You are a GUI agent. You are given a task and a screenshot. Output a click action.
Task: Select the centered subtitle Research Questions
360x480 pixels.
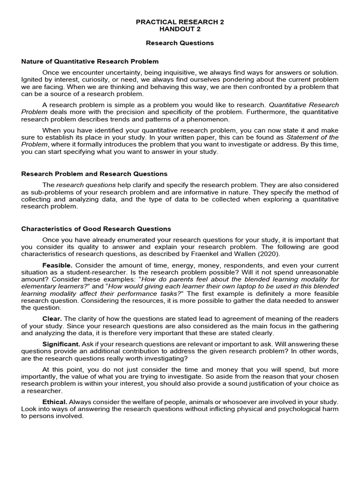coord(180,43)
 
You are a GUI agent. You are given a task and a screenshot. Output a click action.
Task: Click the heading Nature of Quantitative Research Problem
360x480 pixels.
coord(90,61)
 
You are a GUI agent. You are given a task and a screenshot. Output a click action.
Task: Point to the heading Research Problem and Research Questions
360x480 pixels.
coord(94,174)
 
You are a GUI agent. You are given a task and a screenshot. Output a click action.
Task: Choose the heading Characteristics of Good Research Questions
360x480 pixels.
coord(96,229)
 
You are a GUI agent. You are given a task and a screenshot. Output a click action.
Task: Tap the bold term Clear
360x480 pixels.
coord(52,319)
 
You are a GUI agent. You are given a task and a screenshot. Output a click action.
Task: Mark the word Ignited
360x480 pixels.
coord(32,80)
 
